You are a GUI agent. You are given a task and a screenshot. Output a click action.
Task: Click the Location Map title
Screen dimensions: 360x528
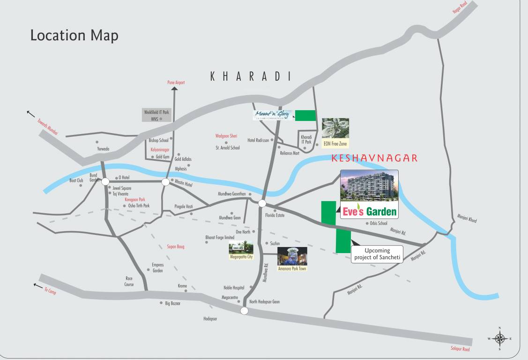pyautogui.click(x=74, y=36)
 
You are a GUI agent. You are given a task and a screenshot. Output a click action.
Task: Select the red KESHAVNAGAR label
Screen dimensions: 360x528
pyautogui.click(x=374, y=158)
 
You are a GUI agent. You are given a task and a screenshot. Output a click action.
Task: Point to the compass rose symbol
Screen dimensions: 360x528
pyautogui.click(x=500, y=338)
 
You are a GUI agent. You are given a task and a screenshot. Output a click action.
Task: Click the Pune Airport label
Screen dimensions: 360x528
pyautogui.click(x=176, y=82)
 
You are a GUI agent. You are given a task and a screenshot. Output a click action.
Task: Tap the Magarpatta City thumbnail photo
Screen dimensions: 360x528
pyautogui.click(x=241, y=248)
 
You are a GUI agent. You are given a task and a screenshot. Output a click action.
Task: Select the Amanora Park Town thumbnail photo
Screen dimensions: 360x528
pyautogui.click(x=292, y=256)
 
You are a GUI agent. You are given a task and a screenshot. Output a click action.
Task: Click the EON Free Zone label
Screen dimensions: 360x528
pyautogui.click(x=335, y=144)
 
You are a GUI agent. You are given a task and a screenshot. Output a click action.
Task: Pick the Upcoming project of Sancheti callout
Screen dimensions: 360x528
pyautogui.click(x=377, y=254)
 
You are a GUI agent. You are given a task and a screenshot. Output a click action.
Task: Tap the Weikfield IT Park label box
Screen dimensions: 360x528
pyautogui.click(x=156, y=115)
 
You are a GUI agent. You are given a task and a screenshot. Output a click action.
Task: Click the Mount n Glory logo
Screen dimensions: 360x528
pyautogui.click(x=273, y=115)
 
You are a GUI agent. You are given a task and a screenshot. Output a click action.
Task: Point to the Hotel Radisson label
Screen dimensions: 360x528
pyautogui.click(x=258, y=140)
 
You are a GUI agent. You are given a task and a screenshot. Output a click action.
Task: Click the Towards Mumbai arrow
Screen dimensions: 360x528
pyautogui.click(x=31, y=113)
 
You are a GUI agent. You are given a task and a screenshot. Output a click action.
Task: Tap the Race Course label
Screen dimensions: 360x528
pyautogui.click(x=129, y=281)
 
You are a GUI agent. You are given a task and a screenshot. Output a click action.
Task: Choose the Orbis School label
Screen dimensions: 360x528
pyautogui.click(x=378, y=223)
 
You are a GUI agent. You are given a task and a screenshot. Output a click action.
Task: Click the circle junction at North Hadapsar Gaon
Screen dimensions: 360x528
pyautogui.click(x=244, y=311)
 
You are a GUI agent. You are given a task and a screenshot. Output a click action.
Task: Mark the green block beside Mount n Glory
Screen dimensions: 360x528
pyautogui.click(x=305, y=115)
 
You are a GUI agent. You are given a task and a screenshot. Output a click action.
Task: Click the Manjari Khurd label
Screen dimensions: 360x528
pyautogui.click(x=467, y=218)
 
